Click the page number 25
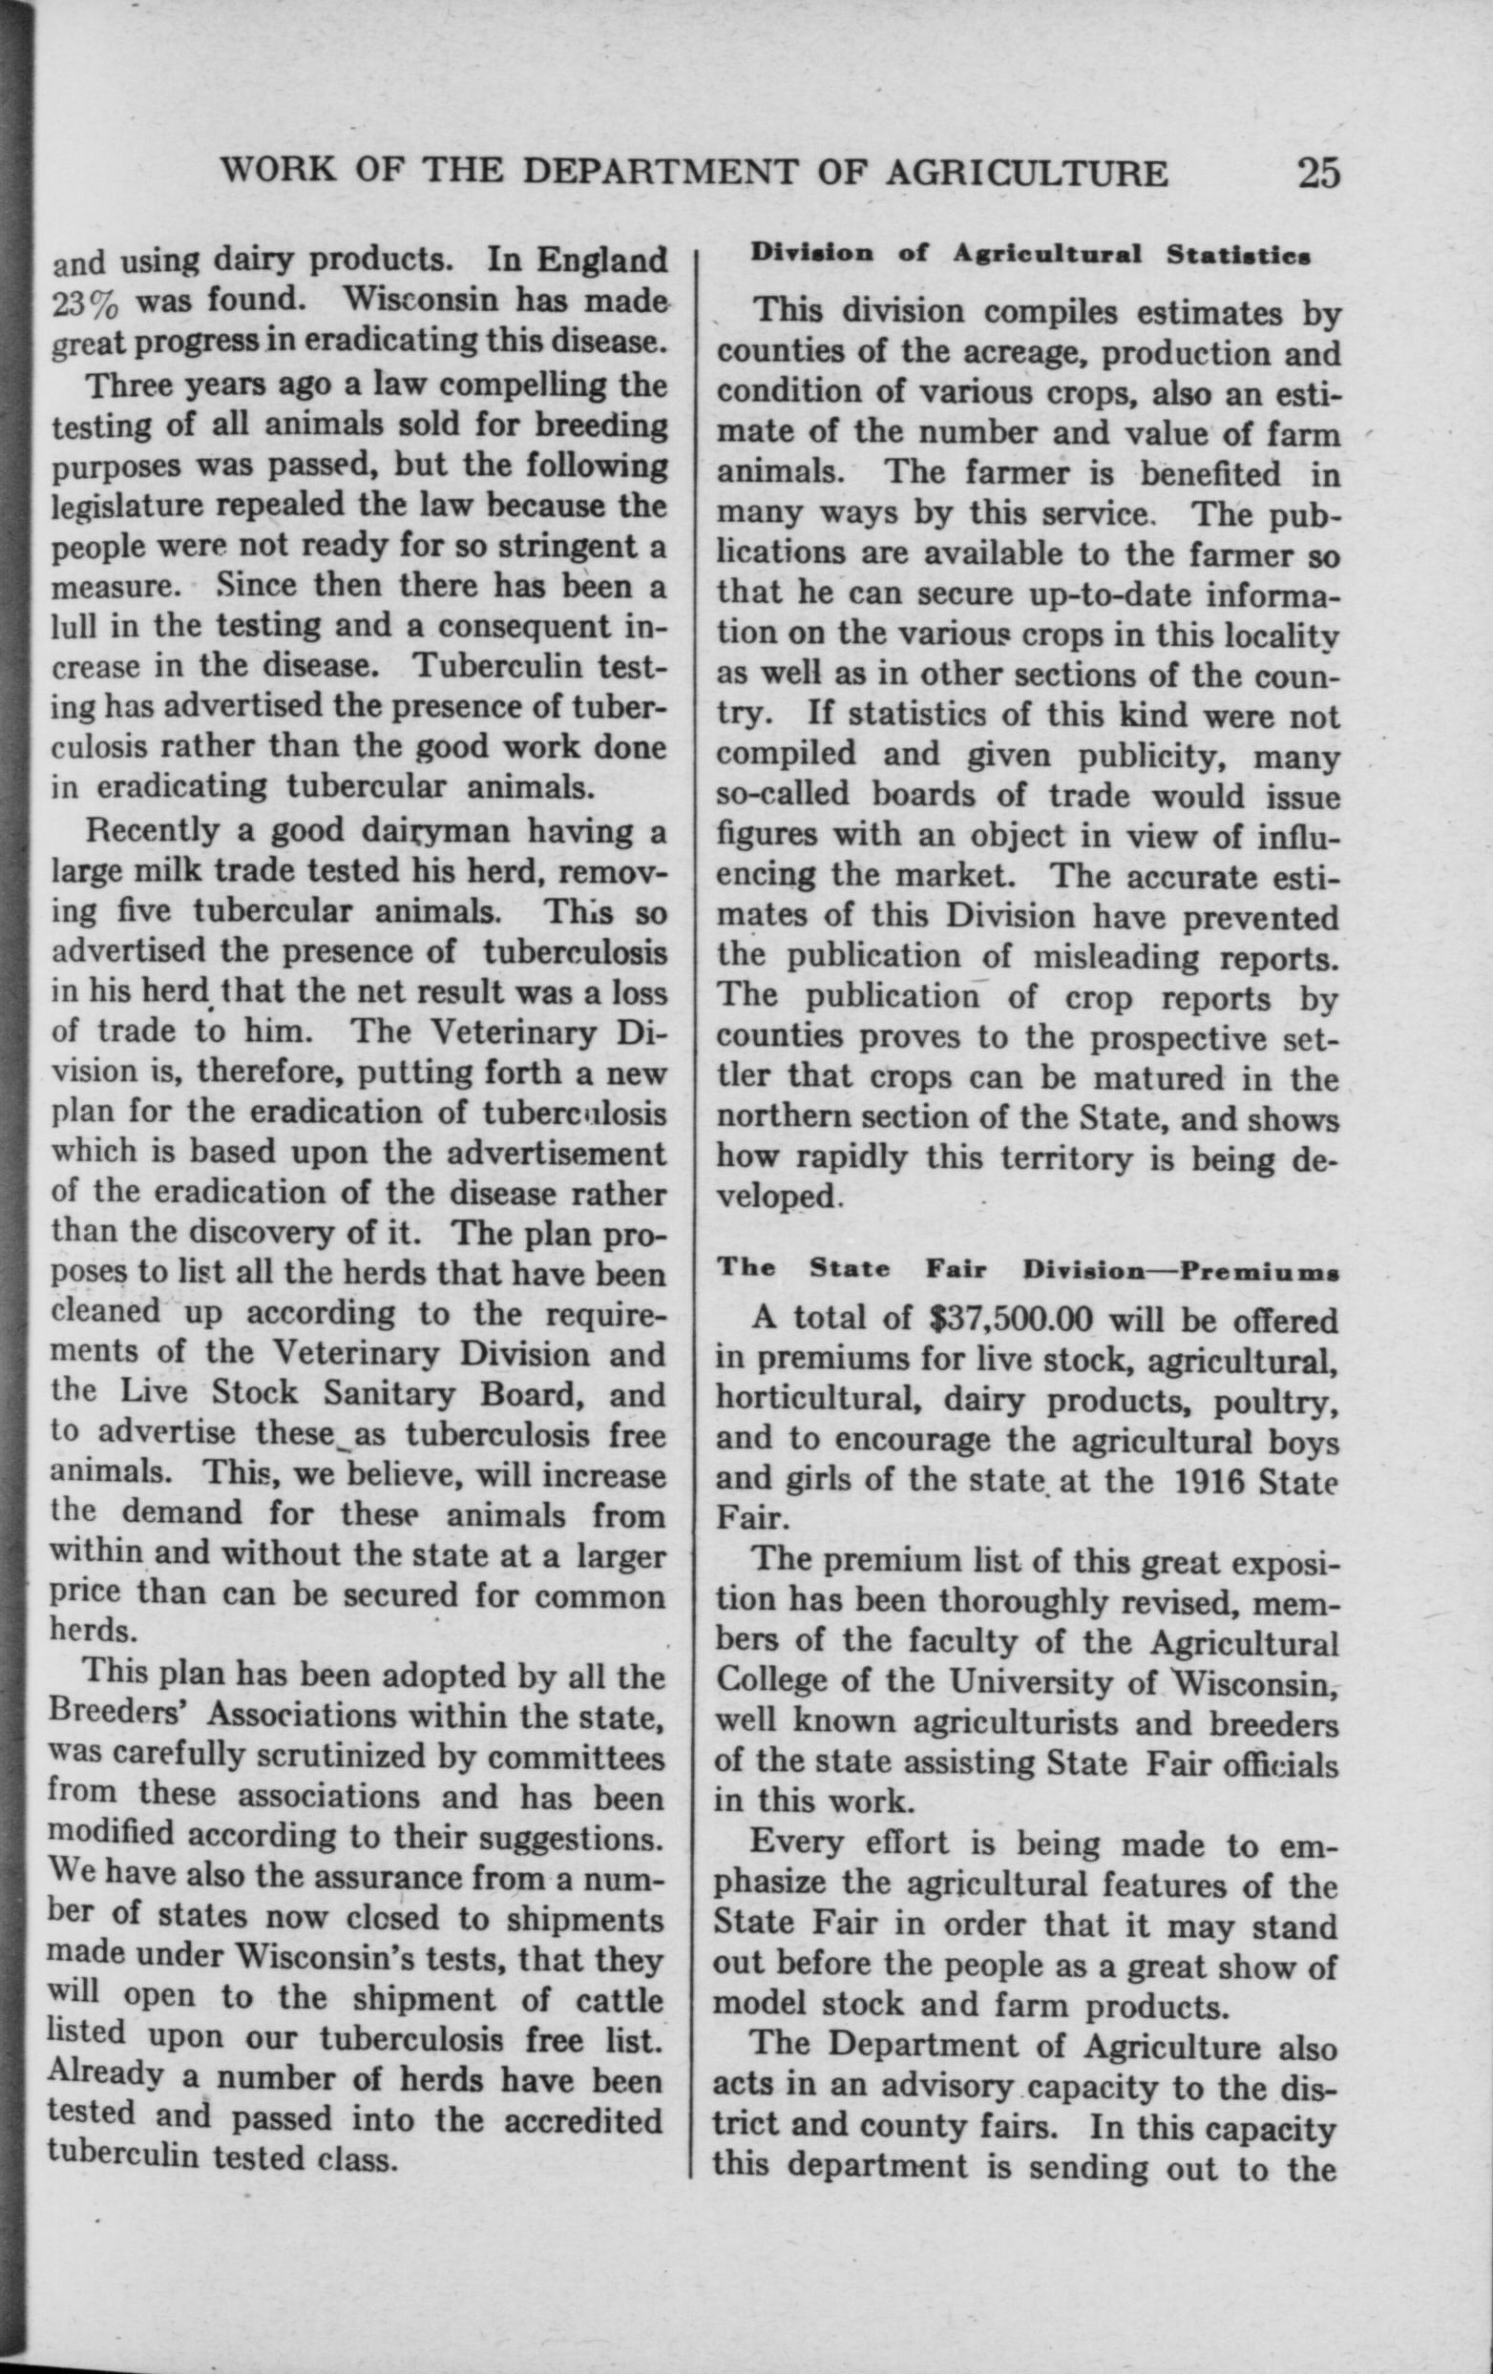tap(1318, 174)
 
